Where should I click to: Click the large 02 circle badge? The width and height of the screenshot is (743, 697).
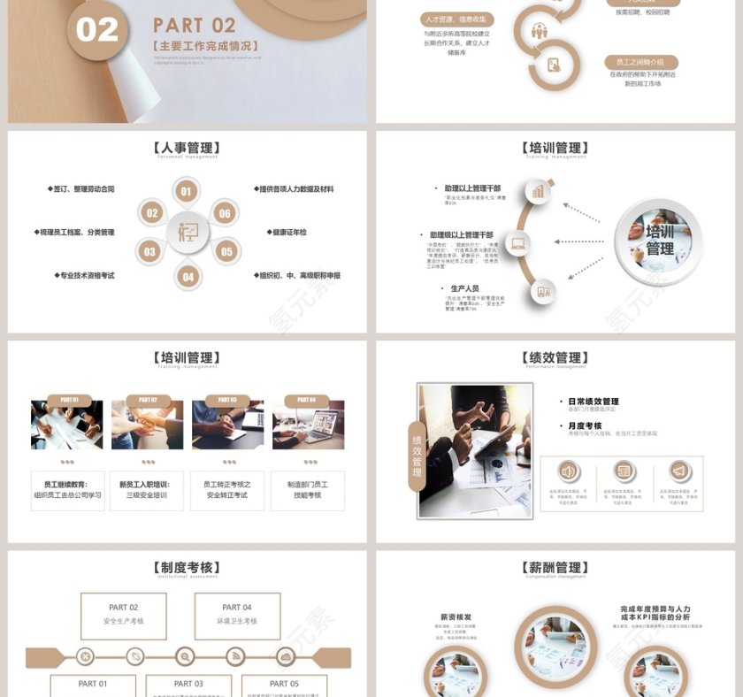97,30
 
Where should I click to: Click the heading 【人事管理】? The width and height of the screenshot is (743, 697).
187,148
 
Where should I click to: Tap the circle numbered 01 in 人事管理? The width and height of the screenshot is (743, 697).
186,191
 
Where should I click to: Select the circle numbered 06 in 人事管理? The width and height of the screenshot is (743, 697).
225,213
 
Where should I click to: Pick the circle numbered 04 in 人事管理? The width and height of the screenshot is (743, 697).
188,277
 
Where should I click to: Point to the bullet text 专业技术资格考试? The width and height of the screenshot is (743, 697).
87,276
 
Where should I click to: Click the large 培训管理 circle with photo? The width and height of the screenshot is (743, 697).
658,240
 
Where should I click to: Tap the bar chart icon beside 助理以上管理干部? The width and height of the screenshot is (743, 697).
539,192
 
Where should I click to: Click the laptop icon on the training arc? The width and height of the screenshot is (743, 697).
517,242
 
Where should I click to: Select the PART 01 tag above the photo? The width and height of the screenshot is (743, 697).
69,400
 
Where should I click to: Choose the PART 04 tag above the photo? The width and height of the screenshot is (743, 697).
307,400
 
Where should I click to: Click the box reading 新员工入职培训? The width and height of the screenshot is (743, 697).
147,490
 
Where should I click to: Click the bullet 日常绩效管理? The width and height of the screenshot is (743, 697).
593,402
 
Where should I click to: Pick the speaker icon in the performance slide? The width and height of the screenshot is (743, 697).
568,471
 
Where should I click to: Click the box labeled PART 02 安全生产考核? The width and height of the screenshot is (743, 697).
123,615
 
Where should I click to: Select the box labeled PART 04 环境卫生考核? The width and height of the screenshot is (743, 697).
236,615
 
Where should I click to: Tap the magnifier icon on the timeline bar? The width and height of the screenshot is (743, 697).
185,656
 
